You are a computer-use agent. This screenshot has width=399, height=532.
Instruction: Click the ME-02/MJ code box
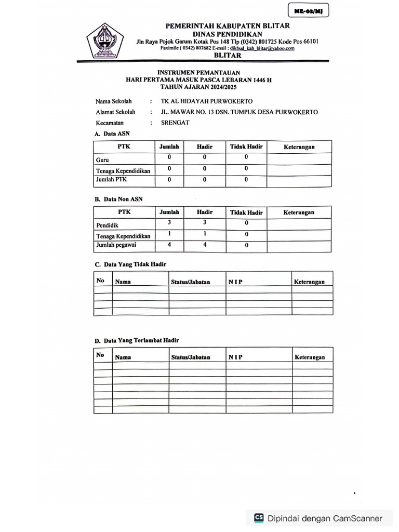309,11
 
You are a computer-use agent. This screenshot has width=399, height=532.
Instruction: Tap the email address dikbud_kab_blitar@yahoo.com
262,48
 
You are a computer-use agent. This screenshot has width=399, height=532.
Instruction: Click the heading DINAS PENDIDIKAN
228,34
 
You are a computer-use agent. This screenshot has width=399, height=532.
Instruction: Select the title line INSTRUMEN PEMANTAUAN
199,73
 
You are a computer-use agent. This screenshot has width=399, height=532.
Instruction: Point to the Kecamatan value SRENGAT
176,123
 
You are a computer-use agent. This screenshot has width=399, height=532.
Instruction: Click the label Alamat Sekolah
115,112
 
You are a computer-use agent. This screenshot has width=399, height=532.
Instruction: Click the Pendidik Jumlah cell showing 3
169,222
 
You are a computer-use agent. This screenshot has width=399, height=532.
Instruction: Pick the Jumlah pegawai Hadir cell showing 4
205,244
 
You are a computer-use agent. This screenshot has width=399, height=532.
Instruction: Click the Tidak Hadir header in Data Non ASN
246,212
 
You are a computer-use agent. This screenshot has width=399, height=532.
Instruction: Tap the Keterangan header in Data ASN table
299,147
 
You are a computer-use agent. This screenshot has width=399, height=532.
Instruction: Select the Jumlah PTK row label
111,179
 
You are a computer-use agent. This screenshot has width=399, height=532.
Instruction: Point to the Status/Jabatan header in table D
191,357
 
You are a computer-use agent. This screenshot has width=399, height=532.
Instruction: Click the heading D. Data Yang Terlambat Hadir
137,341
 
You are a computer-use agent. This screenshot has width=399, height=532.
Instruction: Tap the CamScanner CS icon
259,517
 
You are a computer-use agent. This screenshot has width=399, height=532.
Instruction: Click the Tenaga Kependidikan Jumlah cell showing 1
169,234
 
